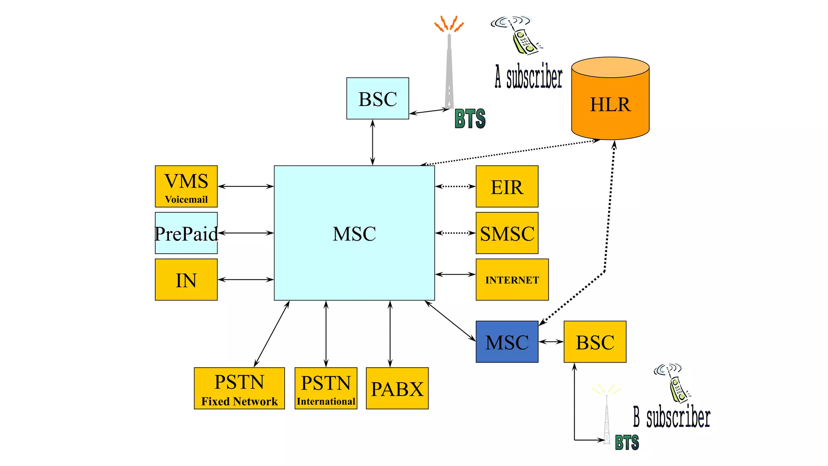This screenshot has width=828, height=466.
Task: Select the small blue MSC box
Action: point(507,342)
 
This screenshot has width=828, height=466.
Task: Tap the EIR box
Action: point(507,186)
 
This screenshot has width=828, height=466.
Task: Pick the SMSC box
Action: point(507,233)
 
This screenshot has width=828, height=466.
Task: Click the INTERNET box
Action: point(512,280)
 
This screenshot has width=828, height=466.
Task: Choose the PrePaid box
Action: point(186,233)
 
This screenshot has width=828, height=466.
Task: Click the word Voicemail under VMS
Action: point(186,199)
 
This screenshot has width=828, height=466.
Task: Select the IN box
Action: point(186,280)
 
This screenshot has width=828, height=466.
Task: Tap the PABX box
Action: point(397,388)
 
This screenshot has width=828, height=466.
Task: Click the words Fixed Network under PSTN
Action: point(239,401)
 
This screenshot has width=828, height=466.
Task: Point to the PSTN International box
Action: point(326,388)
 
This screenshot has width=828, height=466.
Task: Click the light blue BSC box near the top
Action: point(378,98)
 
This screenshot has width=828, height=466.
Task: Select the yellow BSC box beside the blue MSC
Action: point(595,342)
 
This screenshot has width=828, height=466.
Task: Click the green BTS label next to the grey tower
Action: point(470,119)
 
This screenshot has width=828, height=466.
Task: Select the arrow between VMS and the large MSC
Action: point(245,186)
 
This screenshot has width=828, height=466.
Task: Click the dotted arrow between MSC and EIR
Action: point(455,186)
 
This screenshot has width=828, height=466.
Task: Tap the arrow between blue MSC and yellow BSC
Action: point(551,342)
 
